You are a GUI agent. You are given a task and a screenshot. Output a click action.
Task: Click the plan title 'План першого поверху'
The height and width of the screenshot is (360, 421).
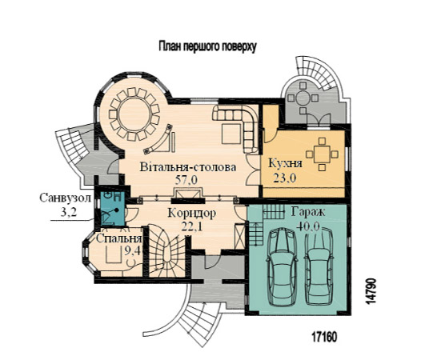coord(207,46)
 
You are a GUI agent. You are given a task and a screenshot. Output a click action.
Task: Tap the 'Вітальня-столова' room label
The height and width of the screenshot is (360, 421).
coord(188,167)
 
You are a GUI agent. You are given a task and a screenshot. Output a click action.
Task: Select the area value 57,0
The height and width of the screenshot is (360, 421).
coord(186,180)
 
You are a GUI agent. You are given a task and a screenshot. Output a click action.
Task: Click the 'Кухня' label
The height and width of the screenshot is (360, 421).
coord(286,163)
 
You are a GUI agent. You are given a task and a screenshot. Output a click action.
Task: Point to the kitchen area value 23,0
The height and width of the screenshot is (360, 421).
coord(285,178)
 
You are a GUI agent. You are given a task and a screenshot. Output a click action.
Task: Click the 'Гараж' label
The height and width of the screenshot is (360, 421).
coord(308,212)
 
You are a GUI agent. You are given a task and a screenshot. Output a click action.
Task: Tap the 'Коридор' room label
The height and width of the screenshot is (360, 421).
coord(192,213)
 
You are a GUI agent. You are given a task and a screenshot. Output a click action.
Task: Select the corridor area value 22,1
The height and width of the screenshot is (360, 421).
coord(192,226)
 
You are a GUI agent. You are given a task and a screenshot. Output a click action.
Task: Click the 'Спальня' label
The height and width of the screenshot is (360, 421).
coord(119,238)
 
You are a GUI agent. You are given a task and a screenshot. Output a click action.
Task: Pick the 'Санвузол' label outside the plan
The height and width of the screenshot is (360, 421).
coord(66,198)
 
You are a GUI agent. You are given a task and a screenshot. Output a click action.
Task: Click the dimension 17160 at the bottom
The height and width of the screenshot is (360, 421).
coord(324,337)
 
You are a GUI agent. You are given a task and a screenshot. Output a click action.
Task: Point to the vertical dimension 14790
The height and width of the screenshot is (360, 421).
coord(371,291)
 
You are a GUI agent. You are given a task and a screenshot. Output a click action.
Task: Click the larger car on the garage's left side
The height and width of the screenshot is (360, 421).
coord(282,267)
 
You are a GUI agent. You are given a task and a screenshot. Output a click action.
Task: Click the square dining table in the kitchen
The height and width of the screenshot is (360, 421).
coord(322,154)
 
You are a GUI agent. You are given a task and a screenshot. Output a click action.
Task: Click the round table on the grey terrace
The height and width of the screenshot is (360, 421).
coord(303,98)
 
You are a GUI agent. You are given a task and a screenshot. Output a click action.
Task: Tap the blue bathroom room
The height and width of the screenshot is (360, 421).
coord(113,208)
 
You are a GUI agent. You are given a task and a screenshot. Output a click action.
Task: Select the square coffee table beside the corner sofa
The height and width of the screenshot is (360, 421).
coord(231,134)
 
